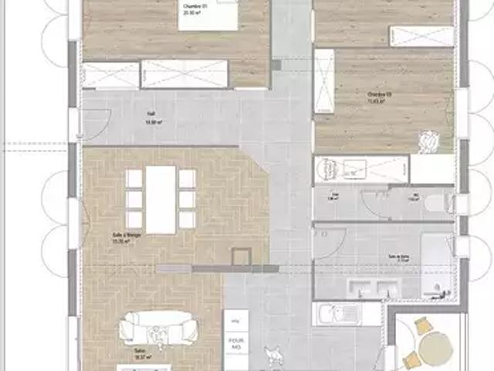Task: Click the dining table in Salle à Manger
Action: [x=161, y=199]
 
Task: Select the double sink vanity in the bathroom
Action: [x=374, y=288]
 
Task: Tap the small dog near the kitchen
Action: [x=272, y=353]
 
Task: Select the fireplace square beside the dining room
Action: [x=242, y=257]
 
